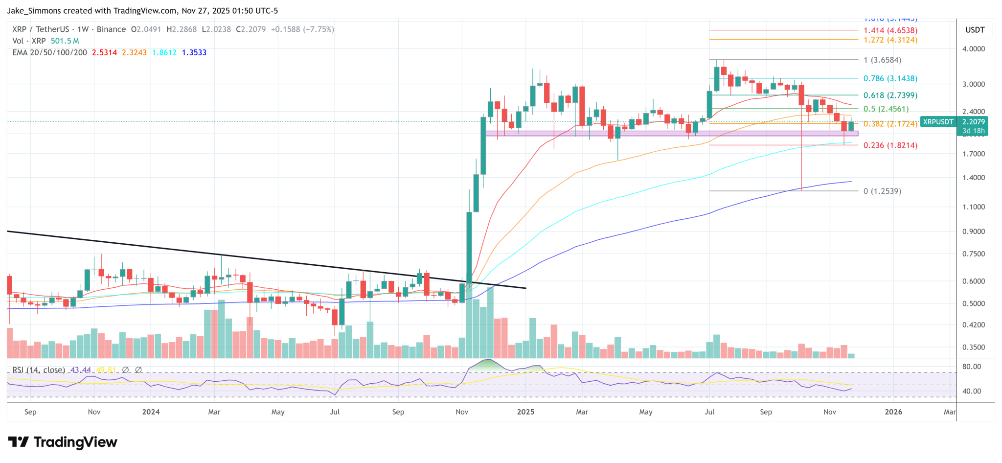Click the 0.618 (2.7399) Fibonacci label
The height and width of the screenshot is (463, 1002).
[890, 95]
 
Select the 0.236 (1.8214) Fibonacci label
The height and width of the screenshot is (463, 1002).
[890, 145]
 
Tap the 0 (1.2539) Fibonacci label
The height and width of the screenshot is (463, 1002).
[882, 191]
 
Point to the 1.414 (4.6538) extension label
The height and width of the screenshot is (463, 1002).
[890, 30]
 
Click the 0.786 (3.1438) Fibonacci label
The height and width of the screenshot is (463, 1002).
[890, 78]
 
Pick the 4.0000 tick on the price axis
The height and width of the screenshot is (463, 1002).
[973, 49]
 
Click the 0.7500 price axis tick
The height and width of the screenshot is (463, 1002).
[973, 254]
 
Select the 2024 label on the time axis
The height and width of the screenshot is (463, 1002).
[151, 412]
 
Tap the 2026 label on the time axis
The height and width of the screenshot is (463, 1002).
[893, 412]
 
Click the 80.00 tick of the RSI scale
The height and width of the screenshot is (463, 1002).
[972, 367]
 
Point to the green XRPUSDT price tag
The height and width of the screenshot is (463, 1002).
[937, 122]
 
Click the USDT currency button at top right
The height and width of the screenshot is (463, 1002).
[975, 30]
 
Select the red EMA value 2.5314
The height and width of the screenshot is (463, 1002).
[104, 52]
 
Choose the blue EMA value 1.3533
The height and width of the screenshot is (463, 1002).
[194, 52]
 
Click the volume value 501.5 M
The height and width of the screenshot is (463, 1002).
[65, 41]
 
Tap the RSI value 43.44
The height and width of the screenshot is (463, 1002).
[81, 370]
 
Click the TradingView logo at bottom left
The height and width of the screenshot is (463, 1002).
[63, 442]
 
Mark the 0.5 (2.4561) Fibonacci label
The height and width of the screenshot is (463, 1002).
[886, 109]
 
